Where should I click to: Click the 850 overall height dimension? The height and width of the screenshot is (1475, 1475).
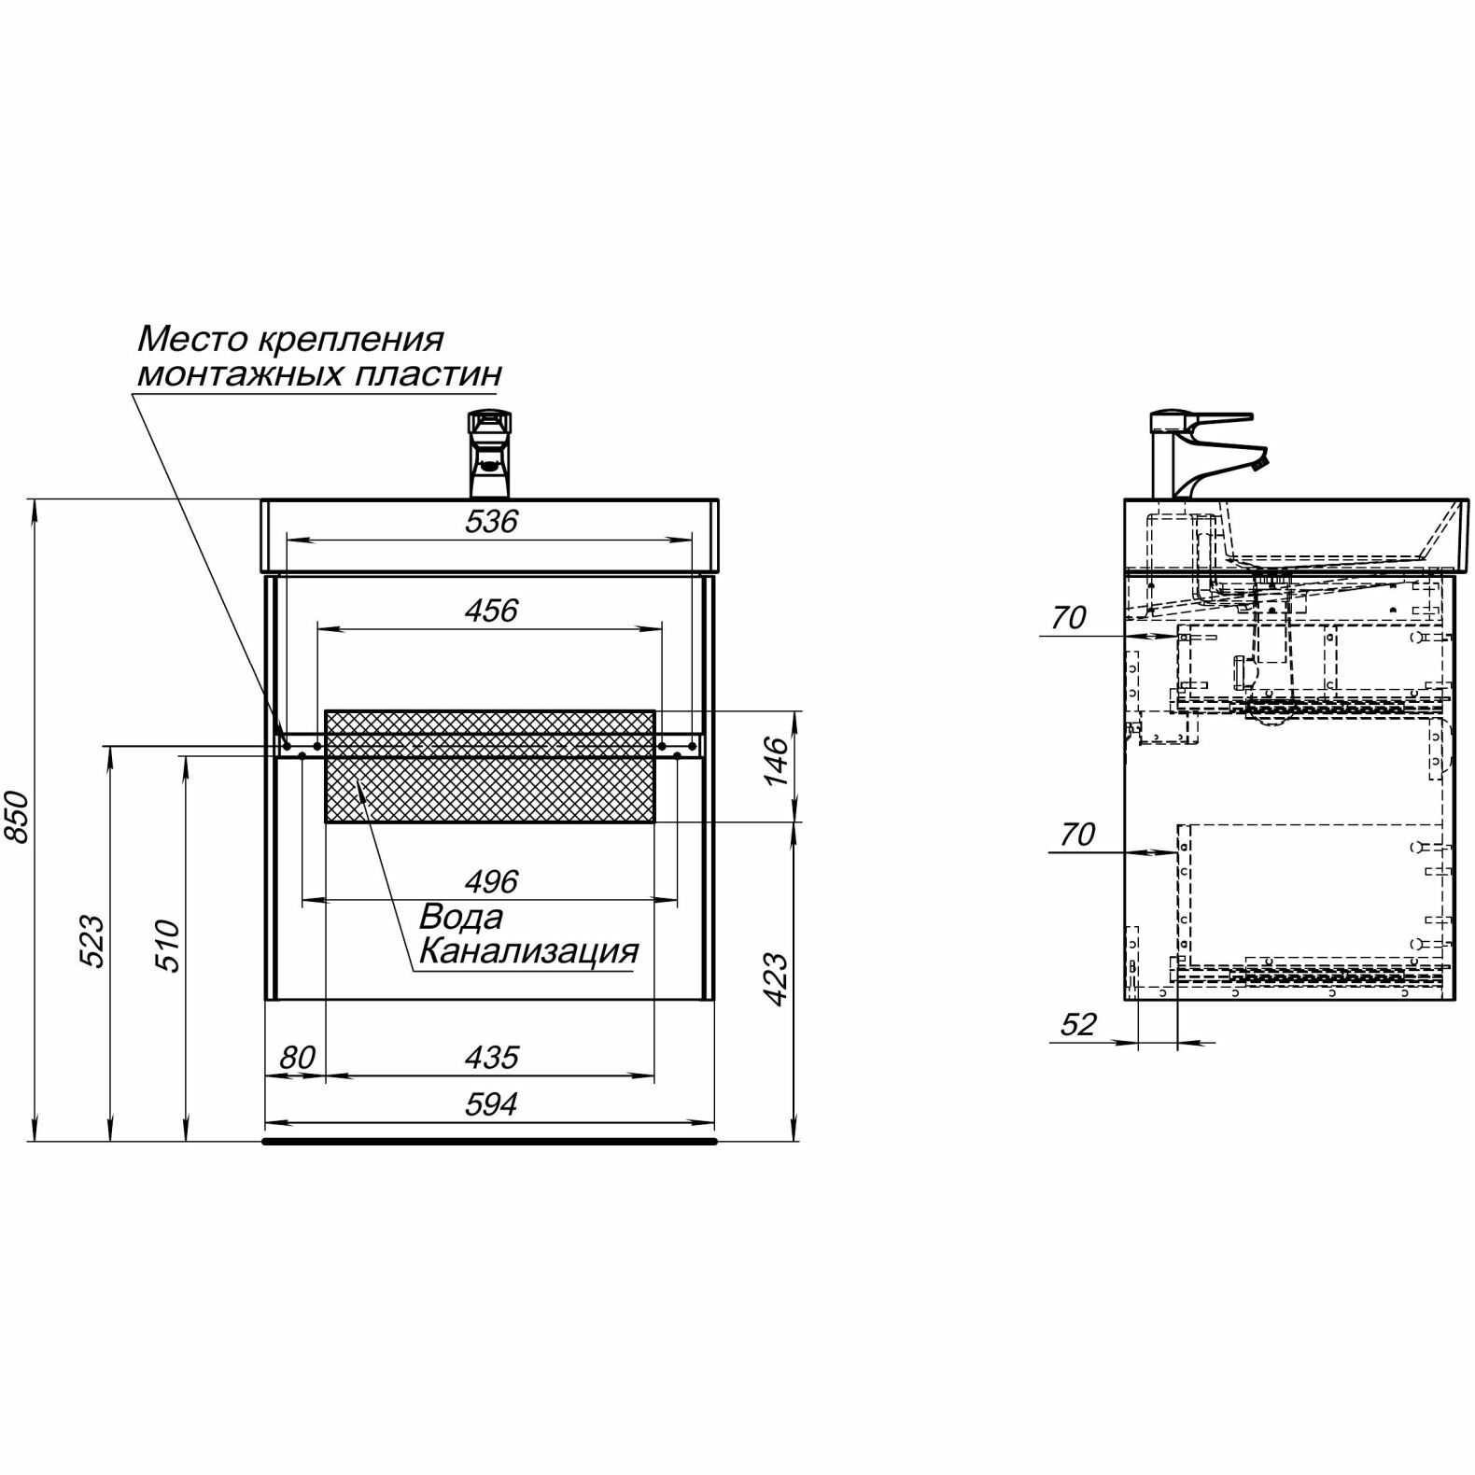click(x=21, y=817)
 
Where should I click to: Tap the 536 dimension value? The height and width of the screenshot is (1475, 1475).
click(x=491, y=522)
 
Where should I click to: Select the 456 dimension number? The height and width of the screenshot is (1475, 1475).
click(x=491, y=611)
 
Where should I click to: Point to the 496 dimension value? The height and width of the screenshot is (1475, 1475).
click(x=491, y=882)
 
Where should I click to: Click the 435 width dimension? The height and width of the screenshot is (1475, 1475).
click(x=491, y=1058)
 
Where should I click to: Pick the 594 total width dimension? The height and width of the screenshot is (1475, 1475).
click(x=491, y=1105)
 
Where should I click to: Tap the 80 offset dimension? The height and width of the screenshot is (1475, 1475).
click(x=297, y=1058)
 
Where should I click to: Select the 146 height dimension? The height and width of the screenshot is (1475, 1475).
click(x=777, y=760)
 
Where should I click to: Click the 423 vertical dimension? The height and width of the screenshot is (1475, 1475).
click(x=777, y=978)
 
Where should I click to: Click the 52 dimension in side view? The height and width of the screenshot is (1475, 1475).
click(x=1078, y=1025)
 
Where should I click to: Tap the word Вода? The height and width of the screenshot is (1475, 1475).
click(x=461, y=917)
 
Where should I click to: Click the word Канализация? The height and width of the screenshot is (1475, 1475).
click(x=528, y=951)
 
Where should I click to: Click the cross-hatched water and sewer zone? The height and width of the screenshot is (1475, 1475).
click(x=490, y=766)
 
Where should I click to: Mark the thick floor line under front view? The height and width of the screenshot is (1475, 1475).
click(x=490, y=1141)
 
